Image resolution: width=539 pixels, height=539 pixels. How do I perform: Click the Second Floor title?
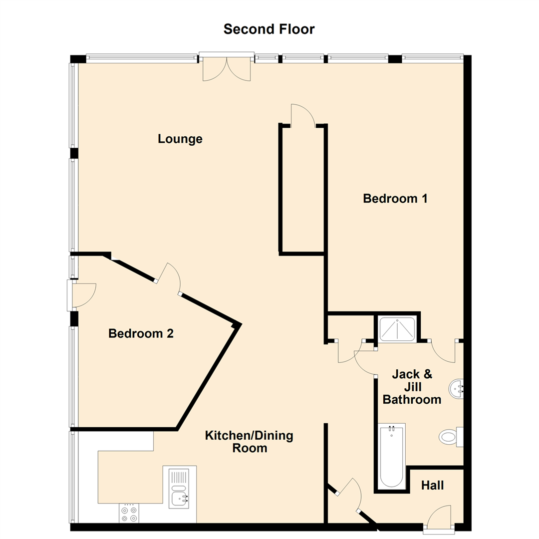point(269,29)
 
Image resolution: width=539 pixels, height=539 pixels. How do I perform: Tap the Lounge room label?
point(180,139)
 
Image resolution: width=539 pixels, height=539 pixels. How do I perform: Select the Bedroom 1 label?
point(395,199)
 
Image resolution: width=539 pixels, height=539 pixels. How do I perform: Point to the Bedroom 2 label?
point(141,333)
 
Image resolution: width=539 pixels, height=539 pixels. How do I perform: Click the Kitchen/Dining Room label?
point(249,442)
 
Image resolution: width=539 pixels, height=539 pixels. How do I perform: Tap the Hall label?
point(432,485)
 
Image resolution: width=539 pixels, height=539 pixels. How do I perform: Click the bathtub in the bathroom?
point(392,456)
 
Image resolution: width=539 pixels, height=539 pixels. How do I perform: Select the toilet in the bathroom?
point(451,437)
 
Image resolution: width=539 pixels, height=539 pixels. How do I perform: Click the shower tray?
point(397,329)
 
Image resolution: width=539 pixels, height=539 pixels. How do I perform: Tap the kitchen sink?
point(179,487)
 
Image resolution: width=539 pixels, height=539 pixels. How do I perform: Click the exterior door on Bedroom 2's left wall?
point(82,294)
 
